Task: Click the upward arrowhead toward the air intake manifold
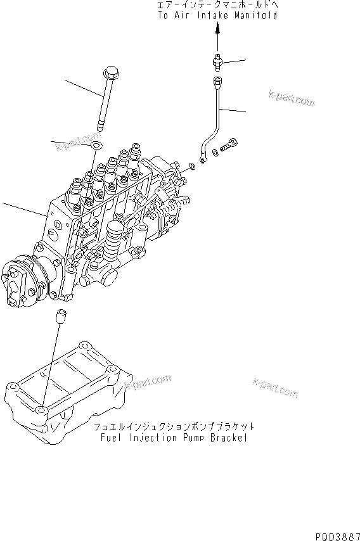(x=217, y=29)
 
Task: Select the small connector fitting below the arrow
(x=217, y=62)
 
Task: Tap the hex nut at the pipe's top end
(x=217, y=82)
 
